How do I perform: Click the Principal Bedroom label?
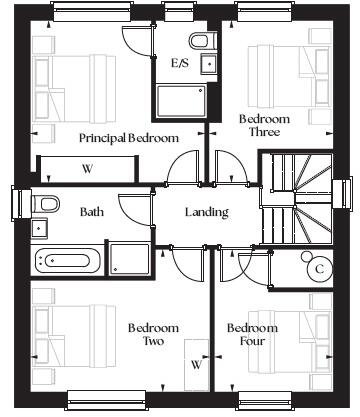129,138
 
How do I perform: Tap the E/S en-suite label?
180,63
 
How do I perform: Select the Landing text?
207,212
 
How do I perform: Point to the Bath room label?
92,212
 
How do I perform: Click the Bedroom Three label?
264,125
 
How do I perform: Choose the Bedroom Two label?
153,334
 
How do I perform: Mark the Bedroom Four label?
252,334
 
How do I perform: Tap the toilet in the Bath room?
45,204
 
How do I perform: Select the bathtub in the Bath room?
67,260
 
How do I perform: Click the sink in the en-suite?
209,64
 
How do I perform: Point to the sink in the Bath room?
39,228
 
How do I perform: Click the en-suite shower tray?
182,101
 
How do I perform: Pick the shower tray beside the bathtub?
130,259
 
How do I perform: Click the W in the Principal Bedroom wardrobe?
87,169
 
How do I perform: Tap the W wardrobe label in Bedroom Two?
197,364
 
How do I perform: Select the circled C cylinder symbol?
320,269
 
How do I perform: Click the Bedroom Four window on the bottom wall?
265,401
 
